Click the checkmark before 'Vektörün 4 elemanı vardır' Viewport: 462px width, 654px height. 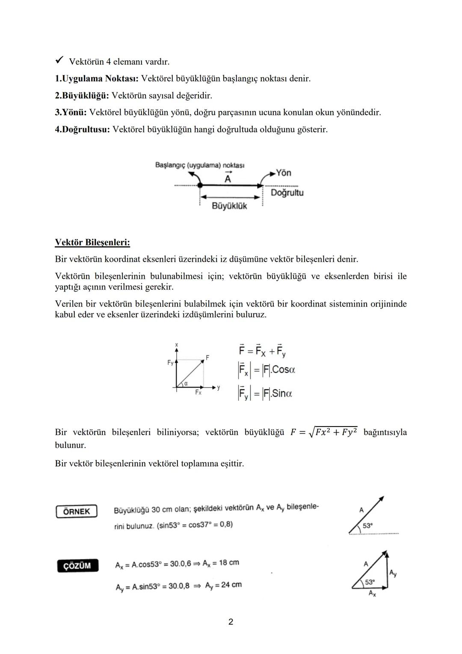[59, 61]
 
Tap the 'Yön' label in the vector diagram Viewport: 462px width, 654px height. [283, 173]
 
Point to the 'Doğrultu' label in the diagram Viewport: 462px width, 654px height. [287, 193]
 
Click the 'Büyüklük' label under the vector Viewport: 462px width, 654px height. [229, 206]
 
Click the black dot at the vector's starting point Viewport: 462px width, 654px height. [200, 185]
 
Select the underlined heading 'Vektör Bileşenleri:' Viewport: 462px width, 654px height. [92, 242]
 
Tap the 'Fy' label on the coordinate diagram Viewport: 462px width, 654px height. [170, 363]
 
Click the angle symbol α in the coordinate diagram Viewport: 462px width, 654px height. [186, 384]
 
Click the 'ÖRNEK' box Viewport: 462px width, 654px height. [77, 511]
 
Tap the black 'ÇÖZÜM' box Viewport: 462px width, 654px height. [77, 566]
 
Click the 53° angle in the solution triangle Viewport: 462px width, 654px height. [370, 582]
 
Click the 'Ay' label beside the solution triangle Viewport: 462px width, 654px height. [393, 573]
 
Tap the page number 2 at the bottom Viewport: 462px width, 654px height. [231, 622]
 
